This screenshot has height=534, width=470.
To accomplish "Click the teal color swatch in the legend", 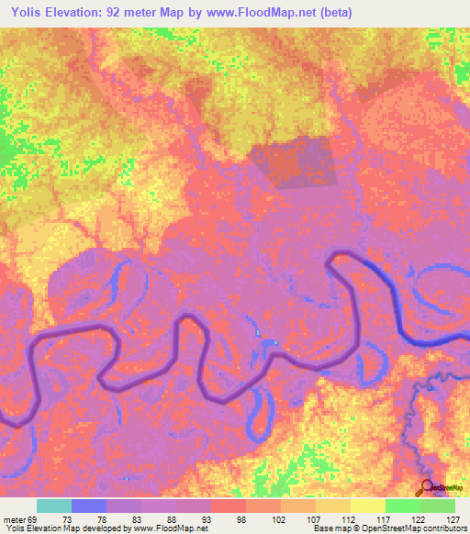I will click(54, 506).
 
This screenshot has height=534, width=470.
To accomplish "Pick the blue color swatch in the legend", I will click(89, 506).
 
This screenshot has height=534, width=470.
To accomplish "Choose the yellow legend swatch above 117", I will click(368, 506).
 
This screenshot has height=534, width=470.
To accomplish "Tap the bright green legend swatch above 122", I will click(403, 506).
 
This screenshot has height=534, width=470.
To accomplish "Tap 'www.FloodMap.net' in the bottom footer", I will click(166, 528).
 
